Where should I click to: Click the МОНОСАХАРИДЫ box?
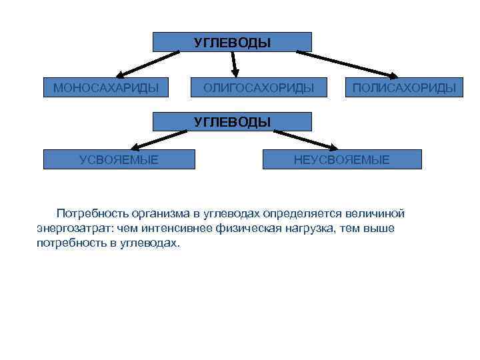point(105,87)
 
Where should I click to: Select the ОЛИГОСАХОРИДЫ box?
point(258,87)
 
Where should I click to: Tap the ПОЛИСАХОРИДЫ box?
point(404,87)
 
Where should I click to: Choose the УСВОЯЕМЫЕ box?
point(119,159)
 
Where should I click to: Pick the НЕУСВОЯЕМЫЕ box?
point(341,159)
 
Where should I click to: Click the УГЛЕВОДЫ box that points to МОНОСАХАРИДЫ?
point(232,42)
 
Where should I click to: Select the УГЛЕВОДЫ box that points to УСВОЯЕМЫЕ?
point(232,121)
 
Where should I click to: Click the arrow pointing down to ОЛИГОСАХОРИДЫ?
point(234,62)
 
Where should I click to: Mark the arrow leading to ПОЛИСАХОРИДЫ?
point(347,63)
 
